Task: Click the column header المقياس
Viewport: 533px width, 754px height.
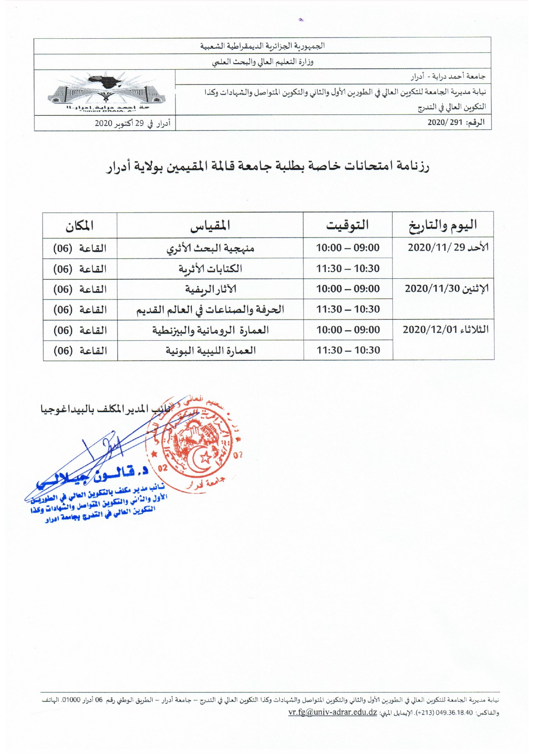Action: point(210,225)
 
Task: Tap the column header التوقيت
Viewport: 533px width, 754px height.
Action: point(347,225)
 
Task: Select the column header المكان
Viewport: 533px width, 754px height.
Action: point(80,225)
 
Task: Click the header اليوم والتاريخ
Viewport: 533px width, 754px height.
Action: point(443,225)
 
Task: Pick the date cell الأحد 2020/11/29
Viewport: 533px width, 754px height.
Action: point(448,248)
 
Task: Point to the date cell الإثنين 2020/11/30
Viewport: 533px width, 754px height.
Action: point(447,289)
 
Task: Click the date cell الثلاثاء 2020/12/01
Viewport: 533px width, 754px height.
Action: point(445,330)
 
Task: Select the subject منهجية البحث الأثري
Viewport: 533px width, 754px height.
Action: point(210,248)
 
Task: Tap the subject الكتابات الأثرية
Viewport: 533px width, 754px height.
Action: point(210,269)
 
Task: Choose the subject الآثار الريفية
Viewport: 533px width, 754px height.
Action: point(211,289)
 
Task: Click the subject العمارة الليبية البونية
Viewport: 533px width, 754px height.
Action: point(211,351)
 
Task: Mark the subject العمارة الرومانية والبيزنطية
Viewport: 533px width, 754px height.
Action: point(210,330)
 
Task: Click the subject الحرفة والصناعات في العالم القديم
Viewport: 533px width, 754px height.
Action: point(210,310)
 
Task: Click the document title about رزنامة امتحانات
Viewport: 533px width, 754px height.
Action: point(267,166)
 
